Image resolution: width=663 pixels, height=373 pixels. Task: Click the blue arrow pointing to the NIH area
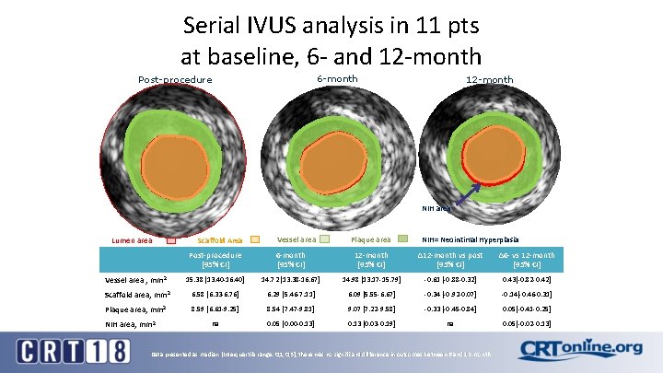(465, 192)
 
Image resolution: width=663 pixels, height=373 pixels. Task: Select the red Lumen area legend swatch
(171, 240)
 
